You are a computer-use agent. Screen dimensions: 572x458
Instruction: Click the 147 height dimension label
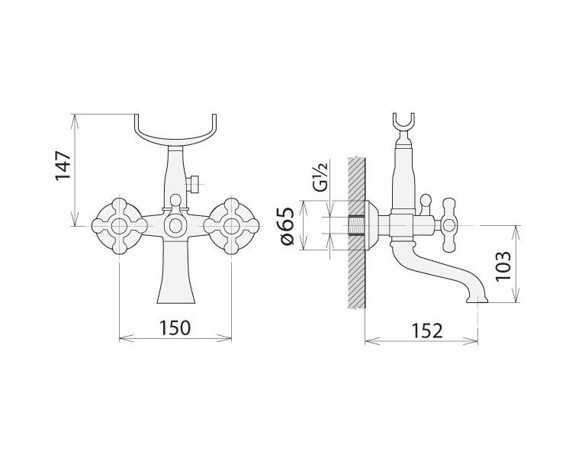click(63, 166)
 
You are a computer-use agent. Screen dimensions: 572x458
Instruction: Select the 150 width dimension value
click(175, 327)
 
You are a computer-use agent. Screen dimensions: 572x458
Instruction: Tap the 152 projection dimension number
click(427, 331)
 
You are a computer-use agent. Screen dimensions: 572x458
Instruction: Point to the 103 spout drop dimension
click(503, 266)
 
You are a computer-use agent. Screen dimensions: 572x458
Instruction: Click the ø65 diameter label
click(286, 226)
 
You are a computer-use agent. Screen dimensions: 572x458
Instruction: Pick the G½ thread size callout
click(320, 177)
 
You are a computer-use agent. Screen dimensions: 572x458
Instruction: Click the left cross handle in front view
click(119, 226)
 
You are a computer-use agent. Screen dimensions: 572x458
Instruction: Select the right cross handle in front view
click(231, 226)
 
